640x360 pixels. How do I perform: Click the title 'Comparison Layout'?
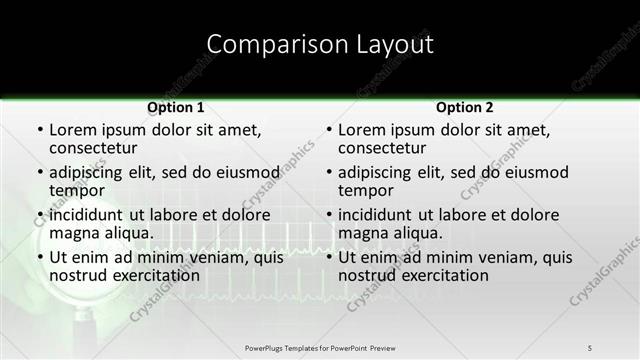320,44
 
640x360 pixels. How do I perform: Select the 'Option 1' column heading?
176,107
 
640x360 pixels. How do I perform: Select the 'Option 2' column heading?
465,107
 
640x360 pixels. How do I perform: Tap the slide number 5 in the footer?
590,347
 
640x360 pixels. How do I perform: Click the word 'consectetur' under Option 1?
93,148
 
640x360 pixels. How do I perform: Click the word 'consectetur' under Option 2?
382,148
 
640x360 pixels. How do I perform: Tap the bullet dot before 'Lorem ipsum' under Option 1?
39,131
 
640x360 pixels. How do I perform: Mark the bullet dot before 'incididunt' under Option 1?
39,215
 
